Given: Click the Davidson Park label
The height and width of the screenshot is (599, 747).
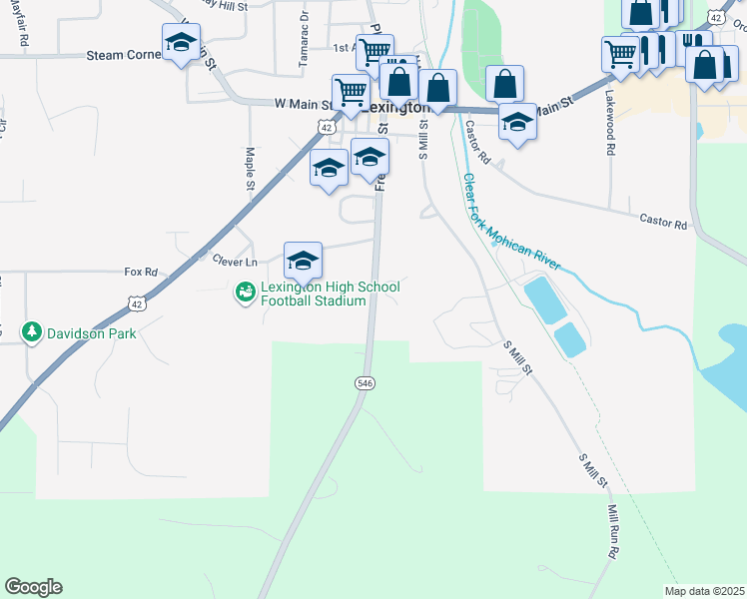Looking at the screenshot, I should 91,333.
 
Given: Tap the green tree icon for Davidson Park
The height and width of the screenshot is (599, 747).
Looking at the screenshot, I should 33,332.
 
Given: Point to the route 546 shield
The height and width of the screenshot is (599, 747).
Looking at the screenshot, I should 366,383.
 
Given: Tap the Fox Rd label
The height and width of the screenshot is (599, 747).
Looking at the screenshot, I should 141,272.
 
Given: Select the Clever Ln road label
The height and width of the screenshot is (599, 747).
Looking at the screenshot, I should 235,261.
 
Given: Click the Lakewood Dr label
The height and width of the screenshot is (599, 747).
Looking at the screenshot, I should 609,124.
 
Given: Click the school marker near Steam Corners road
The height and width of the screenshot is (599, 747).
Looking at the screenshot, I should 180,44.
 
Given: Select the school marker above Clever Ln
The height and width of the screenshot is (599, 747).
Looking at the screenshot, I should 303,263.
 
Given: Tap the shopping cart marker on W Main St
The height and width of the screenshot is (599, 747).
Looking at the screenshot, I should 351,93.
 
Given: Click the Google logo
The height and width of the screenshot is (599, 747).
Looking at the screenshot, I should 33,587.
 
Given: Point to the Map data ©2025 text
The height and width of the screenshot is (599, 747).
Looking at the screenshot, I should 704,591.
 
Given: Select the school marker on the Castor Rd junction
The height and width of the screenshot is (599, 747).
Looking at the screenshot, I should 516,124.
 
